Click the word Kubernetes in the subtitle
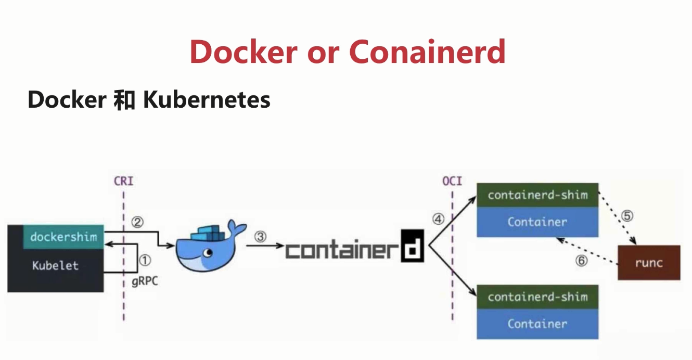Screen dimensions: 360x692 point(207,99)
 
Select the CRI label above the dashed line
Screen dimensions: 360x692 point(123,182)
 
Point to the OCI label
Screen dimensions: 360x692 point(452,182)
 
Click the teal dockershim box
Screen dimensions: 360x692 point(63,237)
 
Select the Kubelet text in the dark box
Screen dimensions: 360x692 point(55,265)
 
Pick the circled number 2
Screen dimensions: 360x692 point(137,222)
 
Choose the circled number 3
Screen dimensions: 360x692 point(260,236)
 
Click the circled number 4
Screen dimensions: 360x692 point(438,220)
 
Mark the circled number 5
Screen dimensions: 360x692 point(627,215)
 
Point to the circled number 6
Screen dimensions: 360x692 point(582,261)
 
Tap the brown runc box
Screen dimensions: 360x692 point(649,263)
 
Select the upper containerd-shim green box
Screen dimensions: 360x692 point(537,195)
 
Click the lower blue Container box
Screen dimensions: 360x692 point(537,324)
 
